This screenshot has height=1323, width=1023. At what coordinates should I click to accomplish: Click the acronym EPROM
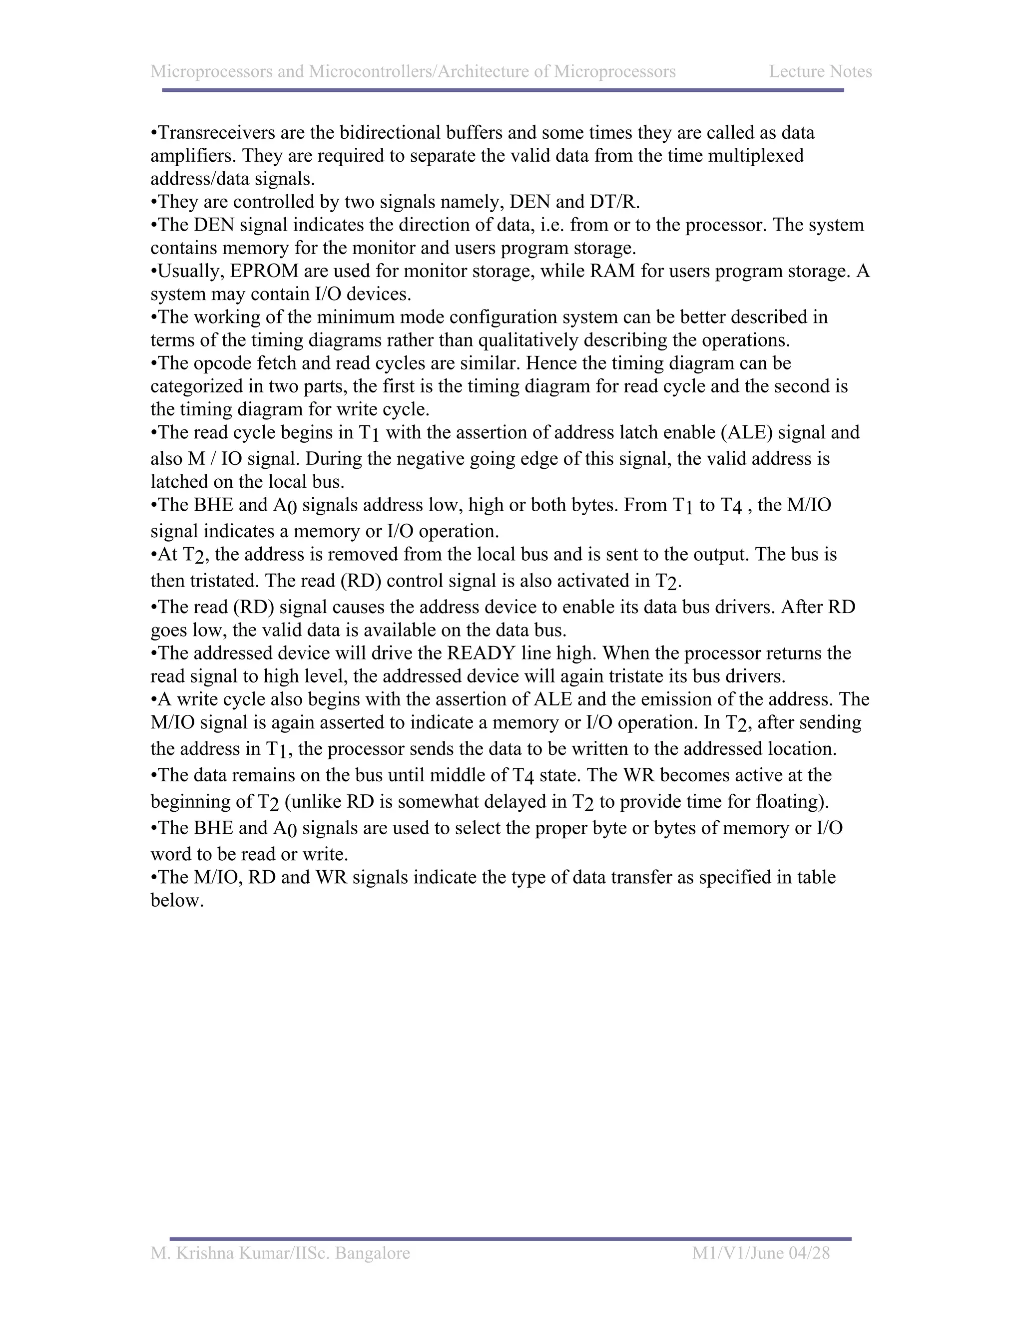pyautogui.click(x=264, y=271)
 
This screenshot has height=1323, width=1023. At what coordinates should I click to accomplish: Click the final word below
pyautogui.click(x=176, y=900)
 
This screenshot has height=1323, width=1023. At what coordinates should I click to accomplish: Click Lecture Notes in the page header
pyautogui.click(x=820, y=71)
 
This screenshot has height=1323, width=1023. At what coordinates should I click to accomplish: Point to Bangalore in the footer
pyautogui.click(x=372, y=1253)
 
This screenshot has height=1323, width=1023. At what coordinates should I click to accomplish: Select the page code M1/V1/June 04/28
pyautogui.click(x=761, y=1253)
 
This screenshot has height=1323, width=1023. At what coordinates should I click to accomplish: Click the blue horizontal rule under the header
pyautogui.click(x=503, y=90)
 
